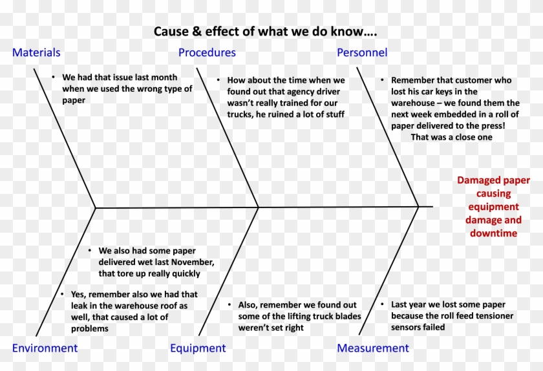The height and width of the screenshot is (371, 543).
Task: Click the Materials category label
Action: pos(36,53)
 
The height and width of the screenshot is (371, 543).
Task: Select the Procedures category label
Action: pos(207,53)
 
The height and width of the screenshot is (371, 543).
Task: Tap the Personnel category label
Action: pos(362,53)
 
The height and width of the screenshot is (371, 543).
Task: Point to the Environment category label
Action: pos(45,348)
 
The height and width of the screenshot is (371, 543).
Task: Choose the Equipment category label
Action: pos(198,348)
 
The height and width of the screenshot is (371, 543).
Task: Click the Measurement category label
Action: pos(373,348)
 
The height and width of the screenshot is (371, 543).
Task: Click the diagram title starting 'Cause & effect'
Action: pos(266,31)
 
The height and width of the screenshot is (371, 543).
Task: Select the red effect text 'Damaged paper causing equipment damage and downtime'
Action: pos(493,206)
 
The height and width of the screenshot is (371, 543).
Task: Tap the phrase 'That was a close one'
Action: pos(451,137)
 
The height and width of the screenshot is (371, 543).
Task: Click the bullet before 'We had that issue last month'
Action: pos(54,78)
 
